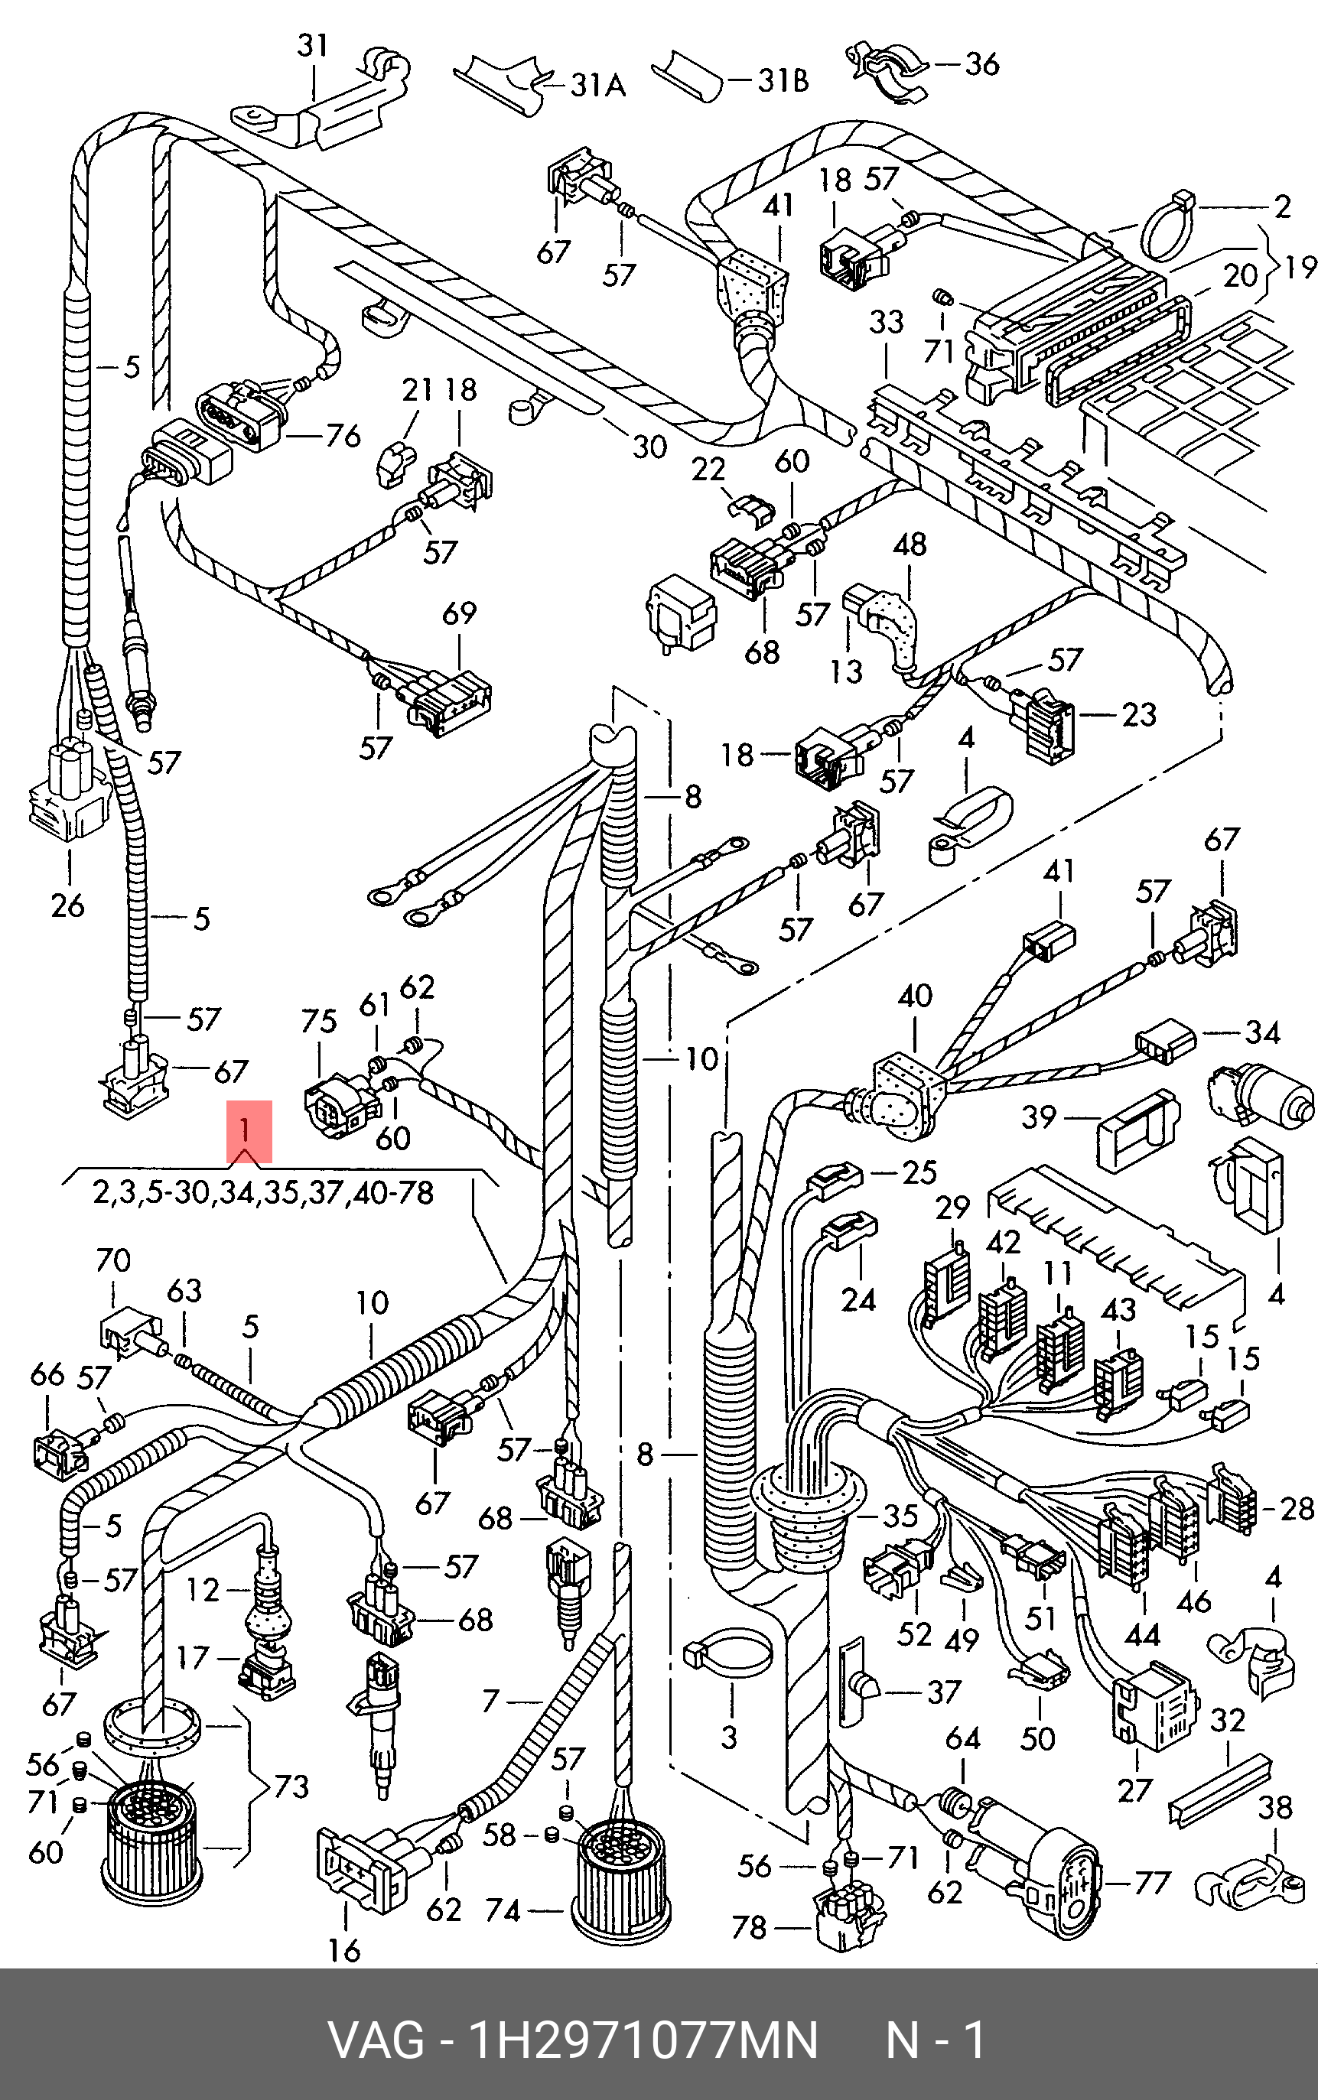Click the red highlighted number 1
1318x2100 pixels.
click(x=249, y=1130)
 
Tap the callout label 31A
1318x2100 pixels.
click(x=598, y=85)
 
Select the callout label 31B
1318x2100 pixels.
click(x=782, y=80)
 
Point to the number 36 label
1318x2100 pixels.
click(x=981, y=63)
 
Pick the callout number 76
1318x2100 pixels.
click(x=342, y=435)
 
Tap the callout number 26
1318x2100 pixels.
click(x=68, y=905)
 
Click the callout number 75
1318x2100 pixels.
click(x=318, y=1020)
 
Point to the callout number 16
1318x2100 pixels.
click(x=344, y=1949)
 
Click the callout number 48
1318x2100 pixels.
click(x=910, y=545)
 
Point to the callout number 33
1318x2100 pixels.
click(x=886, y=321)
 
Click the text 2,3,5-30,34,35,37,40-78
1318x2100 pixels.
click(x=263, y=1192)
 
